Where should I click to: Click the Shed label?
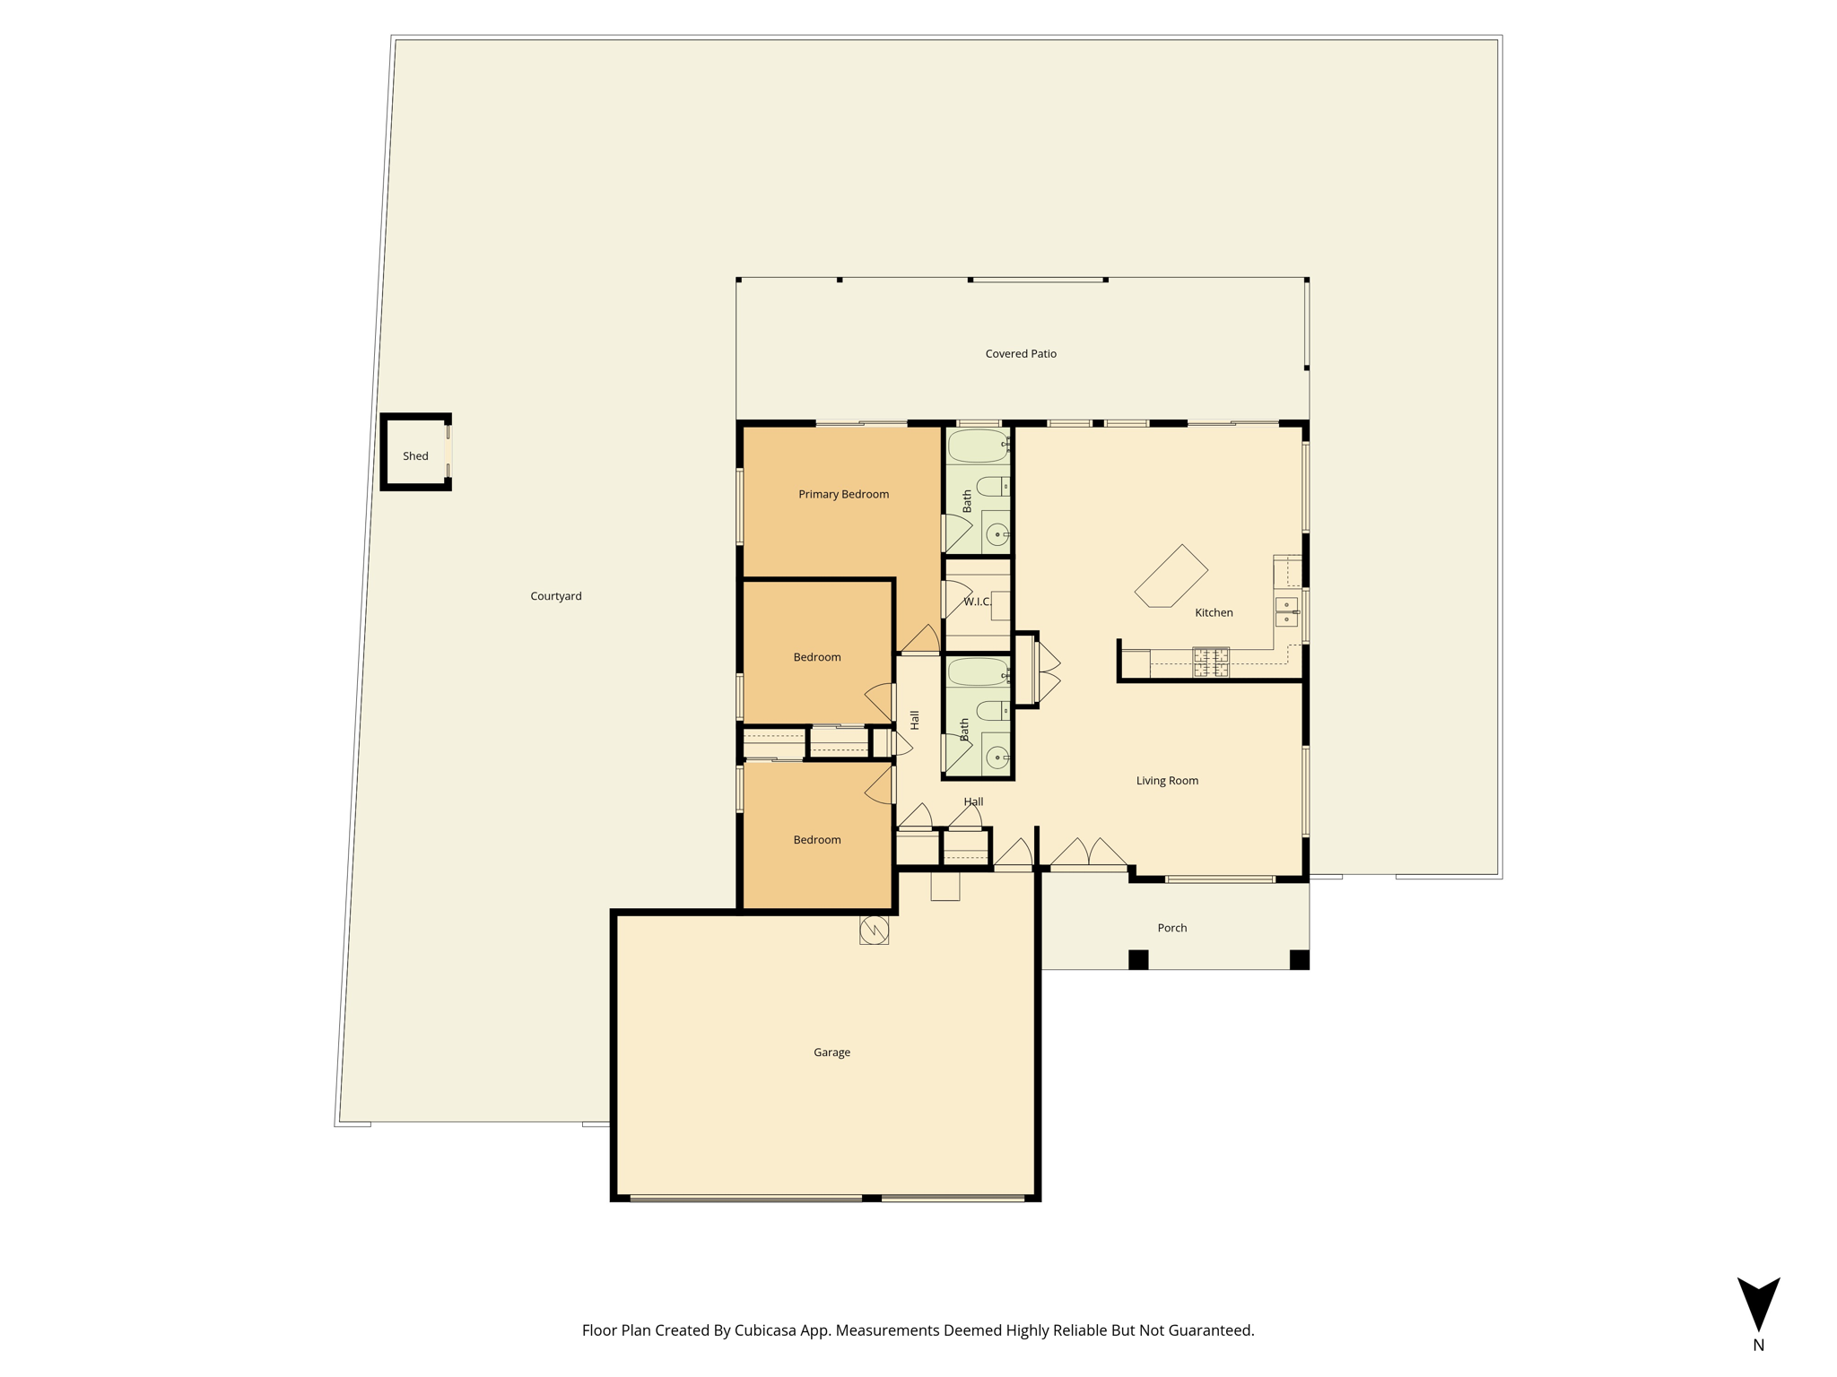coord(415,456)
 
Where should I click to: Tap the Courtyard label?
coord(556,596)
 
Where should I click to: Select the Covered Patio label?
coord(1021,354)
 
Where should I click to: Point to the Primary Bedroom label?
coord(843,494)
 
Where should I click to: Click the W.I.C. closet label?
coord(978,602)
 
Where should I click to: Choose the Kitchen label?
coord(1214,612)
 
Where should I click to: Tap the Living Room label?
coord(1167,781)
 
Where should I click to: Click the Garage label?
coord(831,1052)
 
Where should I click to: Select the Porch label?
coord(1171,928)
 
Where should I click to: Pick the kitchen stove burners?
coord(1210,663)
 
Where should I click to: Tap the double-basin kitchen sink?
coord(1286,611)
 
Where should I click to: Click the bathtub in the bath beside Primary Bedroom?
coord(978,446)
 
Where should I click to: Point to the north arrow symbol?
coord(1758,1303)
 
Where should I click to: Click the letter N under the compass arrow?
coord(1758,1345)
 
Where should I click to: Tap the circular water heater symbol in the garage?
coord(874,931)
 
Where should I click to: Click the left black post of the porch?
coord(1138,959)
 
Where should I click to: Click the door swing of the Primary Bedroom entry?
coord(920,639)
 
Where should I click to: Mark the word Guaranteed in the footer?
coord(1211,1330)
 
